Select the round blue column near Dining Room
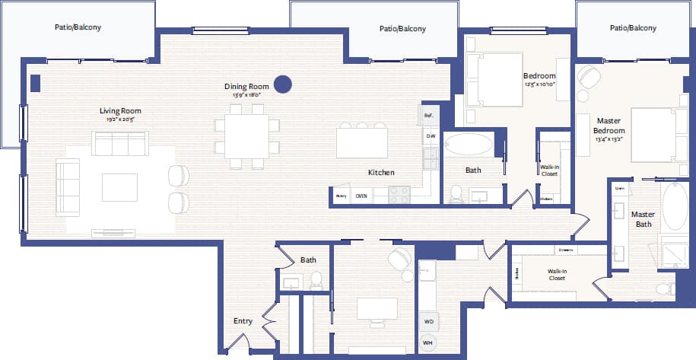[x=283, y=84]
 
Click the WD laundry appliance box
[x=429, y=321]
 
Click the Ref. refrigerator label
[x=429, y=116]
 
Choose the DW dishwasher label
[x=431, y=136]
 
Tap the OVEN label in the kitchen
[x=361, y=196]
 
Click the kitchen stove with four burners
[x=400, y=195]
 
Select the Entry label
[x=243, y=321]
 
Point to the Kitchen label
[x=381, y=173]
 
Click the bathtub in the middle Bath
[x=468, y=145]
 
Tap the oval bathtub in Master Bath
[x=675, y=205]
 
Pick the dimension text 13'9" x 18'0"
[x=246, y=96]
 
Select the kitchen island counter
[x=362, y=142]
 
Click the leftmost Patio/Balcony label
[x=78, y=27]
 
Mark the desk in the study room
[x=377, y=308]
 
